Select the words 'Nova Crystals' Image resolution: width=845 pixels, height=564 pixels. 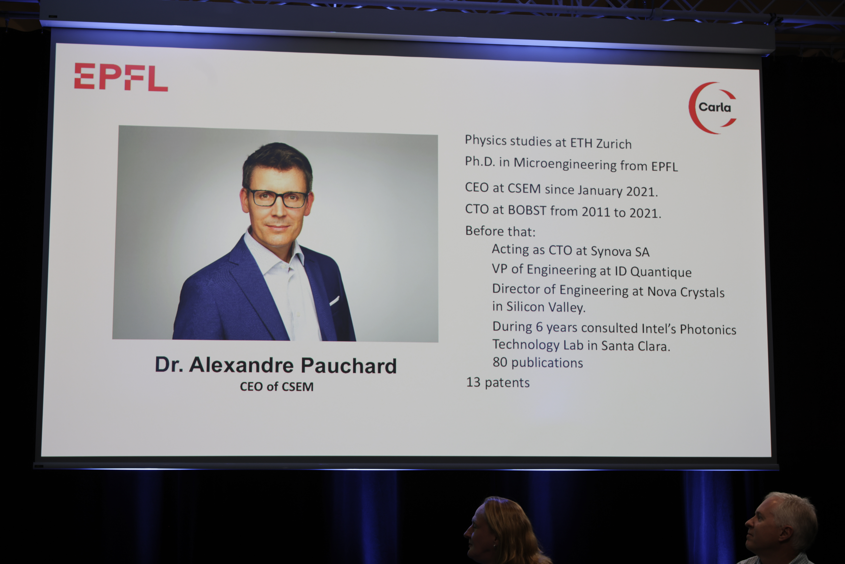[685, 292]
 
